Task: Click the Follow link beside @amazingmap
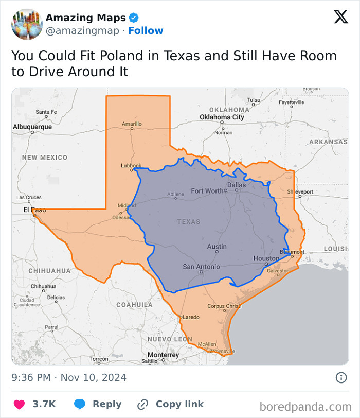click(x=146, y=31)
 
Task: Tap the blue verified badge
click(x=134, y=18)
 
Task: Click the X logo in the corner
click(x=340, y=17)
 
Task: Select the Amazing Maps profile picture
click(x=27, y=24)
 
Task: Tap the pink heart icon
click(x=19, y=404)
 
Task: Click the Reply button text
click(x=107, y=404)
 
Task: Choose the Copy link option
click(x=179, y=404)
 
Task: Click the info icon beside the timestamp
click(x=341, y=378)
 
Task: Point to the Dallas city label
click(x=237, y=185)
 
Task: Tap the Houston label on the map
click(x=266, y=258)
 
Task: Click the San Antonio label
click(x=201, y=267)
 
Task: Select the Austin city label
click(x=217, y=247)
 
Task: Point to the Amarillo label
click(x=132, y=124)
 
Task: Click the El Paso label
click(x=34, y=210)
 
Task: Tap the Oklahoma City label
click(x=222, y=117)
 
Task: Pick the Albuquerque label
click(x=32, y=127)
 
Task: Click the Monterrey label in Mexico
click(x=163, y=355)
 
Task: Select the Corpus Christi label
click(x=224, y=306)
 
